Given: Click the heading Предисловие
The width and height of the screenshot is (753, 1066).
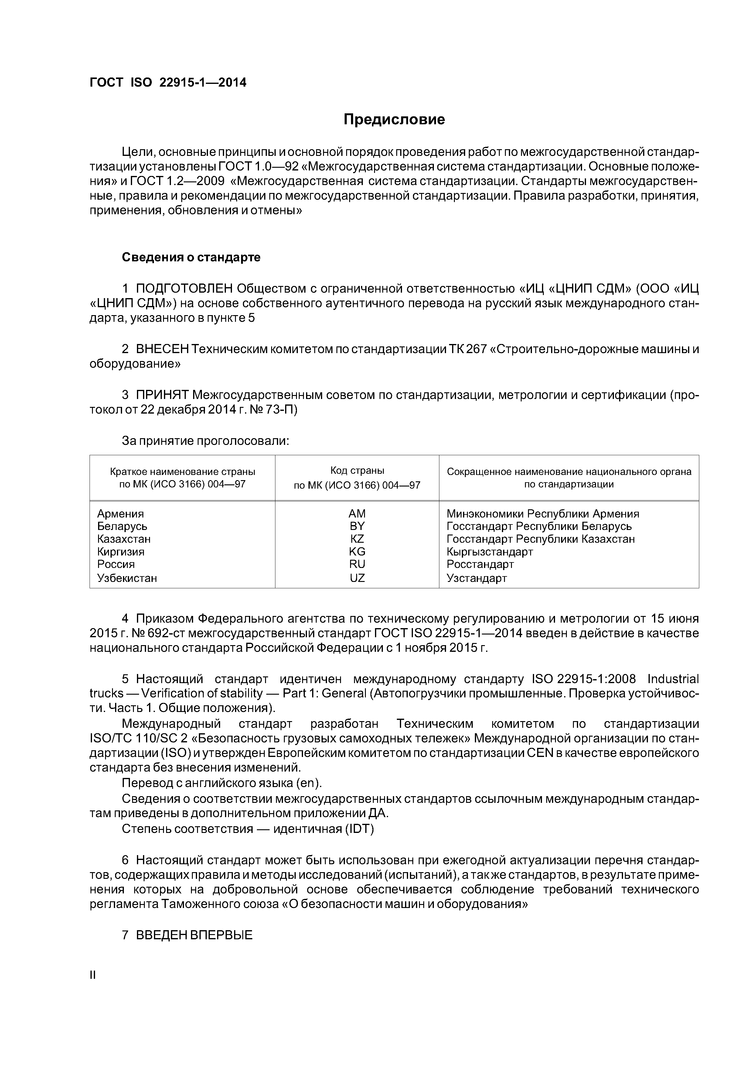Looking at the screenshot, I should [x=394, y=120].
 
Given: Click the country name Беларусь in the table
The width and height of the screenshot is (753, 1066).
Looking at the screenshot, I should [x=122, y=526].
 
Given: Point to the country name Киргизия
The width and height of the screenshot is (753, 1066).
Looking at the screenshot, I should [x=121, y=552].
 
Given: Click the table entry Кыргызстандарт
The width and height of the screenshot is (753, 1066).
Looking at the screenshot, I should [x=489, y=552].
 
